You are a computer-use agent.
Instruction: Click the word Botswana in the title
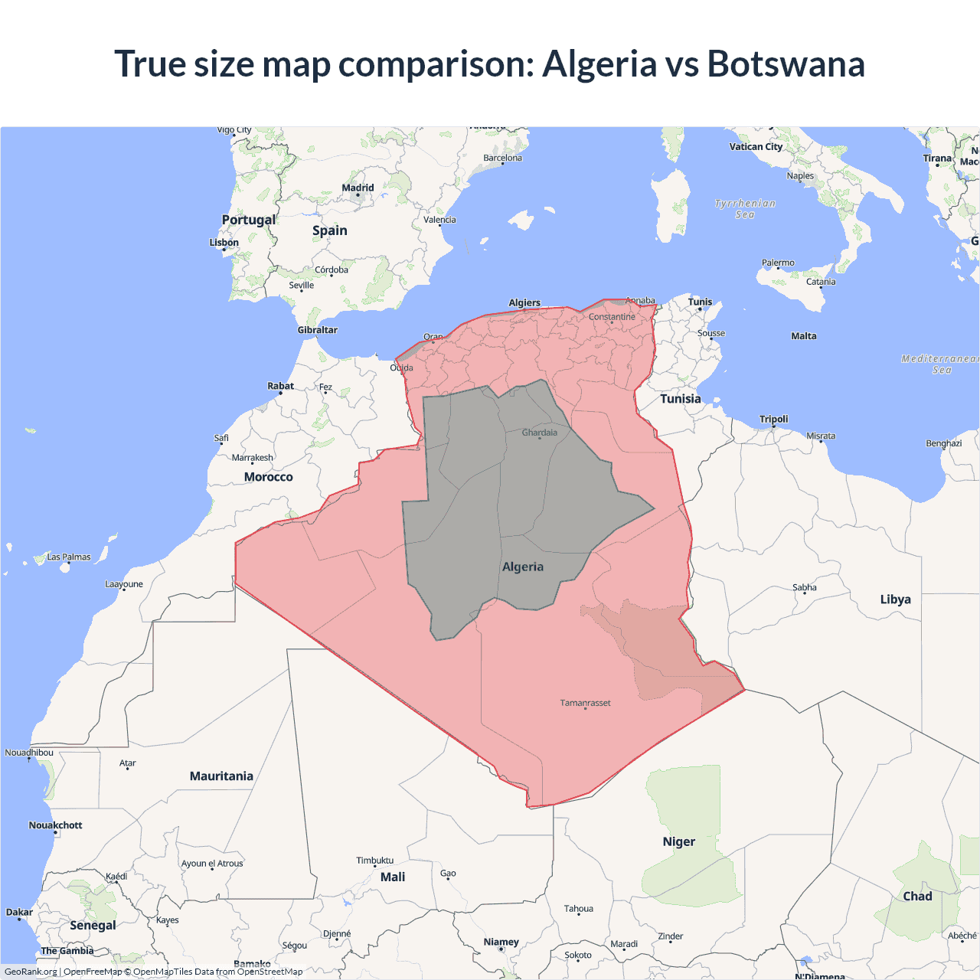click(786, 64)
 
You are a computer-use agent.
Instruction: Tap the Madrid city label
click(358, 188)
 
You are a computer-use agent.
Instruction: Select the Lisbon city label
click(224, 243)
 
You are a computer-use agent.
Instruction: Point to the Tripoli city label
click(773, 419)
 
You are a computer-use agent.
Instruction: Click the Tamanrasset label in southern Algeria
click(585, 703)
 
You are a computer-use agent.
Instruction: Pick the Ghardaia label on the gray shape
click(540, 433)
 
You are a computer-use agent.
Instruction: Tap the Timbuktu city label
click(374, 861)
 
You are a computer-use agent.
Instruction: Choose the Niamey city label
click(501, 942)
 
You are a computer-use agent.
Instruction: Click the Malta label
click(804, 336)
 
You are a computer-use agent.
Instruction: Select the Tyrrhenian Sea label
click(745, 209)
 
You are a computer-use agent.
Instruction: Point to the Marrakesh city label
click(253, 458)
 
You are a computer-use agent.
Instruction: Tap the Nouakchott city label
click(55, 825)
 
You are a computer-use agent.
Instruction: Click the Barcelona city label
click(502, 158)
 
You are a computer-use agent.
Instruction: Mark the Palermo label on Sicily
click(778, 263)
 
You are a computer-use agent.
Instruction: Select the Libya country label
click(895, 599)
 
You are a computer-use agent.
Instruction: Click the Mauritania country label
click(221, 776)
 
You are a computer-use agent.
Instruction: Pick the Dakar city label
click(19, 913)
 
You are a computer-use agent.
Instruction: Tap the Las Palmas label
click(69, 557)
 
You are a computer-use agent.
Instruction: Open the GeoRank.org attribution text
click(31, 972)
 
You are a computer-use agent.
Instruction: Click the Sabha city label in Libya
click(804, 588)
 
